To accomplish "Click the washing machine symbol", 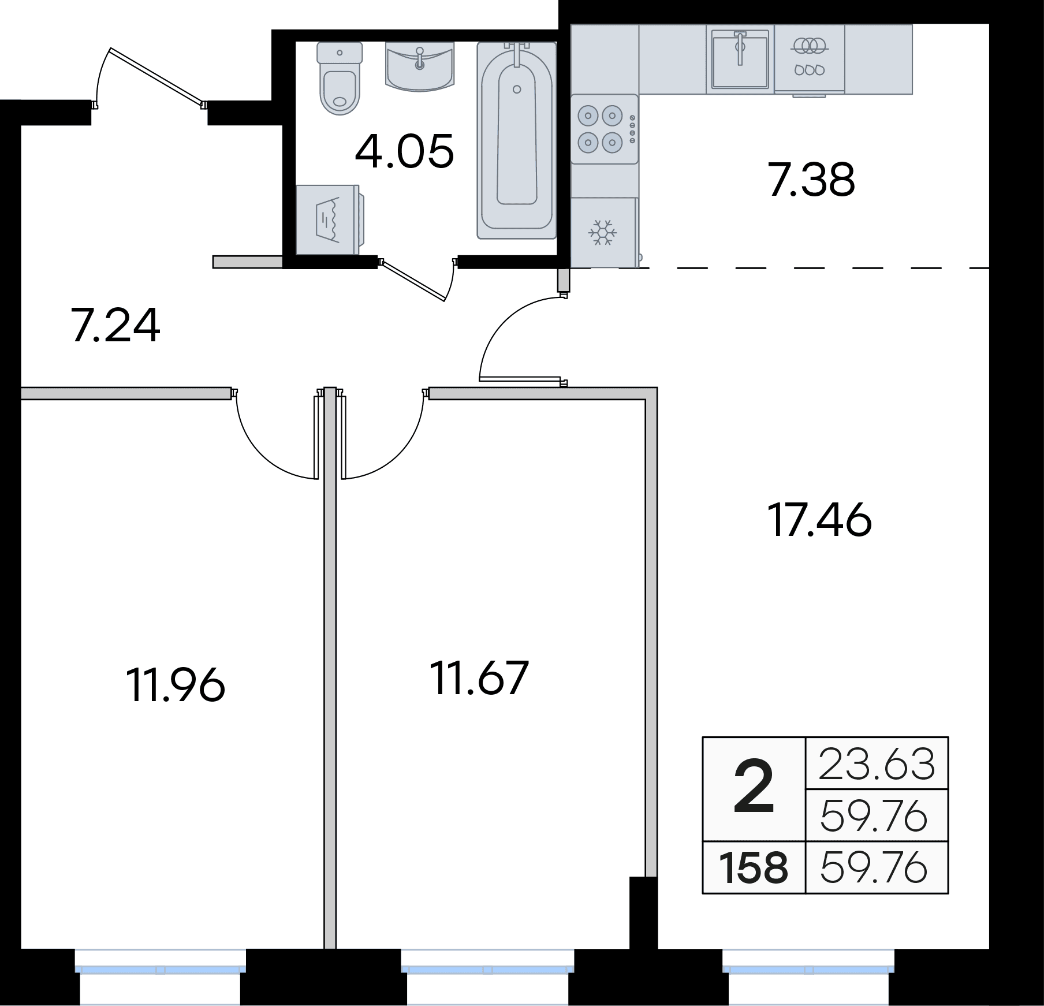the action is point(327,219).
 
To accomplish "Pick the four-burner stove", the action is point(605,129).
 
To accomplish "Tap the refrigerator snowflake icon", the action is point(602,232).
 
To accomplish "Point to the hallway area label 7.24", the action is point(115,326).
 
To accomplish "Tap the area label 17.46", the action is point(819,520).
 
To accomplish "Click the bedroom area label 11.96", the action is point(175,684).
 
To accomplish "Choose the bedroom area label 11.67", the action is point(479,677).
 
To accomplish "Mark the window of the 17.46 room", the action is point(808,968).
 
